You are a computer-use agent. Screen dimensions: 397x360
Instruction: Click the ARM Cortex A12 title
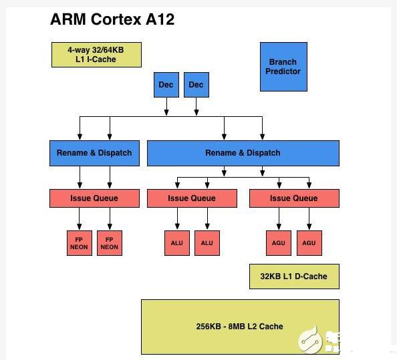click(x=112, y=19)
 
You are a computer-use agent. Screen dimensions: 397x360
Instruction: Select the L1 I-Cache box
click(x=96, y=55)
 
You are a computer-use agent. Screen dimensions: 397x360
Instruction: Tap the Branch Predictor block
click(x=283, y=67)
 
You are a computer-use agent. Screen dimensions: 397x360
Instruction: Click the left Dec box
click(x=166, y=85)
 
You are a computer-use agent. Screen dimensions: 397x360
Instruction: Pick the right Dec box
click(x=196, y=85)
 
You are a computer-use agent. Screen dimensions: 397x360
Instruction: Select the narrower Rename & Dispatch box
click(x=94, y=153)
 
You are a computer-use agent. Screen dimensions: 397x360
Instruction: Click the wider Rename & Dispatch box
click(x=243, y=153)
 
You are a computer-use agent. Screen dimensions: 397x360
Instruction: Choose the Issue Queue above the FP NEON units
click(x=94, y=198)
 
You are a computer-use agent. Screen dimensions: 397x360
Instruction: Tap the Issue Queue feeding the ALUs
click(x=192, y=198)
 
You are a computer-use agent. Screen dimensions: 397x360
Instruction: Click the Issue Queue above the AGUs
click(x=294, y=198)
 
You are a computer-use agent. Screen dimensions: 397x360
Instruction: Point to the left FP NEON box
click(x=80, y=243)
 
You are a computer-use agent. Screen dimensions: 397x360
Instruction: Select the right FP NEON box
click(x=110, y=243)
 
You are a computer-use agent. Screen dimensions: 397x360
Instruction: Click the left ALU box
click(x=177, y=243)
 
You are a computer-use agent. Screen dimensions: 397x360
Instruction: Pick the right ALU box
click(x=207, y=243)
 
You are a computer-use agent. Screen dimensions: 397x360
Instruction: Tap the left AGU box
click(x=279, y=243)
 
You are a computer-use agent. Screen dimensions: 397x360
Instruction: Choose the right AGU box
click(x=309, y=243)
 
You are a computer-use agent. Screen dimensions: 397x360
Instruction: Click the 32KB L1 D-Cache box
click(x=294, y=277)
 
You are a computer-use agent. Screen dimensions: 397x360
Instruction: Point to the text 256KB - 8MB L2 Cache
click(x=239, y=327)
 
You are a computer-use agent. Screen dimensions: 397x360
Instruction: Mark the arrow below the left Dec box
click(x=166, y=106)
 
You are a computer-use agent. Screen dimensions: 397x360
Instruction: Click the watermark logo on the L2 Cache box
click(x=310, y=339)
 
